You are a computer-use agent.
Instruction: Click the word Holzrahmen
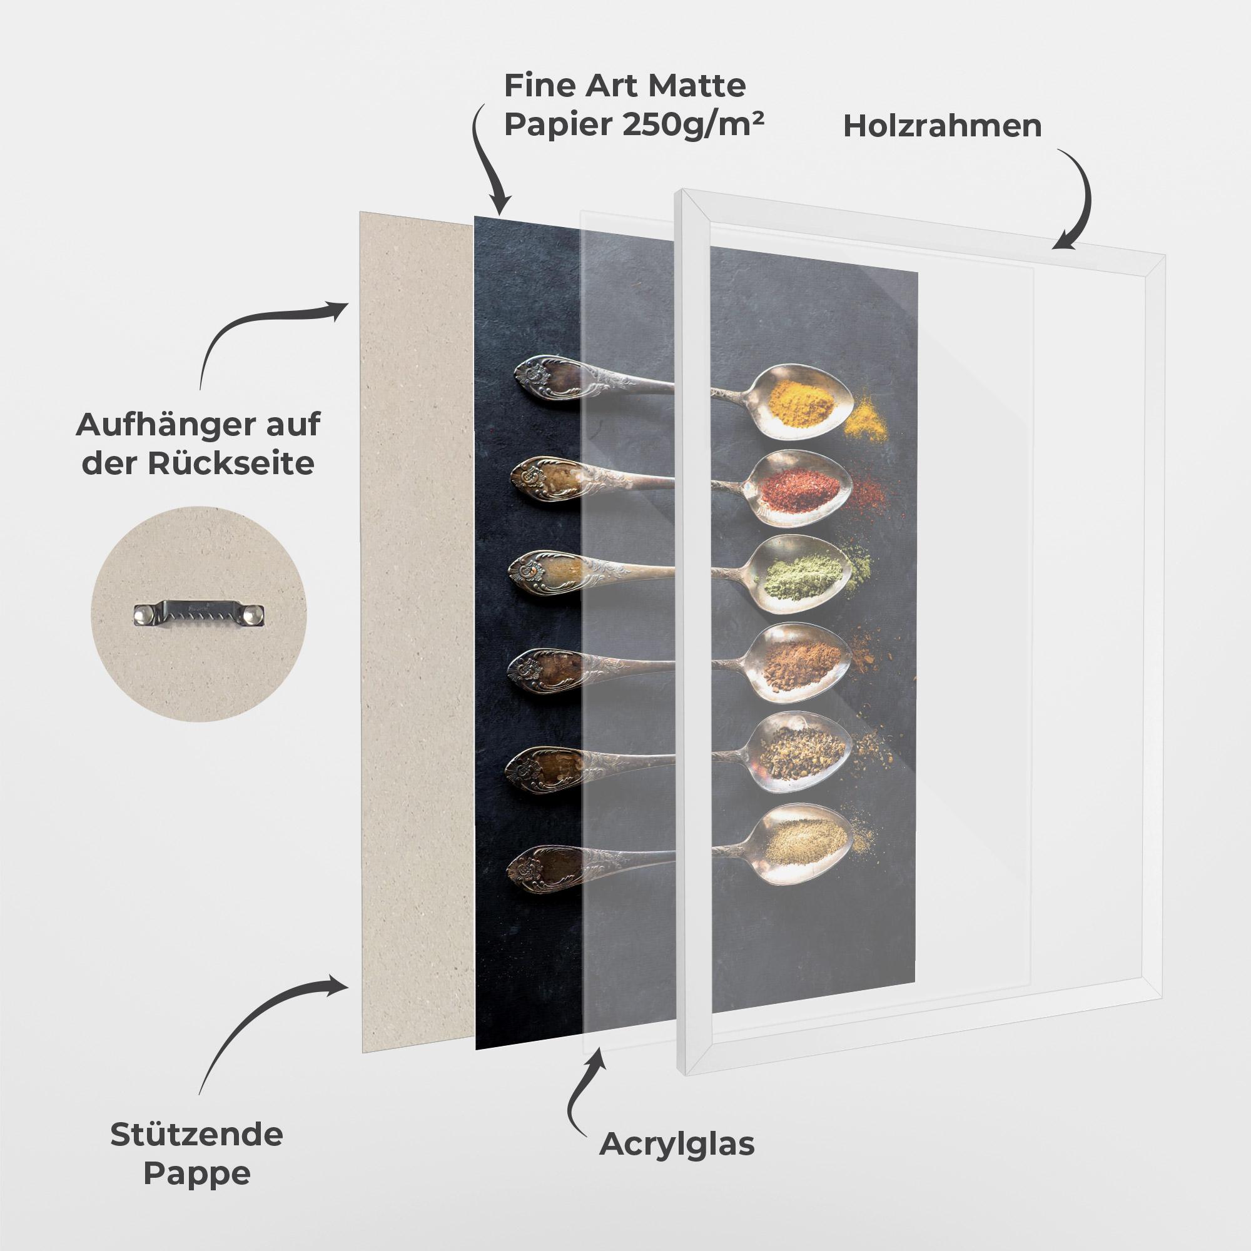tap(942, 126)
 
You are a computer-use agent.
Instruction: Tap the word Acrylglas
tap(677, 1144)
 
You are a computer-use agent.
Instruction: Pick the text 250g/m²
tap(692, 124)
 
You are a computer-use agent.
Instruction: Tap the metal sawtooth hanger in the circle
tap(200, 612)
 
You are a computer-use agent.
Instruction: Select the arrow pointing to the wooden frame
tap(1079, 201)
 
